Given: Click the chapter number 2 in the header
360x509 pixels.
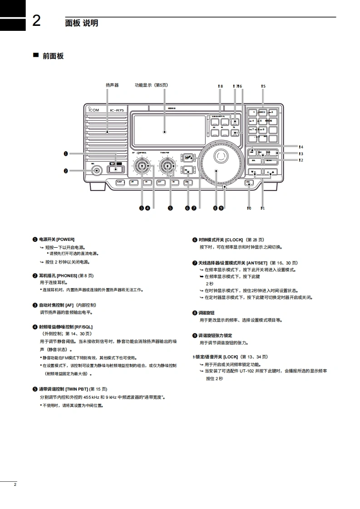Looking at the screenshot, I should pos(36,21).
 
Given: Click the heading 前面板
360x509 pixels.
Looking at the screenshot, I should pos(53,56).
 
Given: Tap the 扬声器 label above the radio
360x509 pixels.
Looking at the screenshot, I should pos(112,85).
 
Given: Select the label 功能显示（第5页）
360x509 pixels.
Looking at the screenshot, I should pos(151,85).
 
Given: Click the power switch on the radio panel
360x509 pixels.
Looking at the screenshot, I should pos(115,170).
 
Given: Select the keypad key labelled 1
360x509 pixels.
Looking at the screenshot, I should pos(254,112).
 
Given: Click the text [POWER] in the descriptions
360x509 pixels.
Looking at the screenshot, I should pos(65,239).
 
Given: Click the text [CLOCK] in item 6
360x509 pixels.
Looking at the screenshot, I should pos(234,239).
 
